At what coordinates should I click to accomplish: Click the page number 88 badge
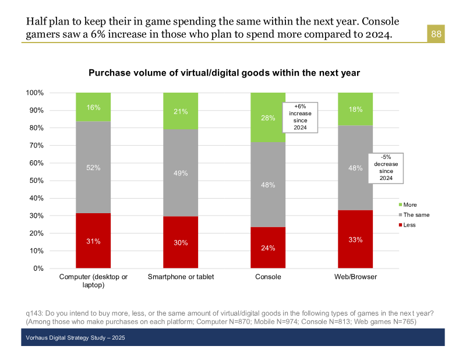pyautogui.click(x=436, y=34)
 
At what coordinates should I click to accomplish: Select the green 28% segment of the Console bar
pyautogui.click(x=267, y=118)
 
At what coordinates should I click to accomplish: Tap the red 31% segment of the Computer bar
pyautogui.click(x=93, y=241)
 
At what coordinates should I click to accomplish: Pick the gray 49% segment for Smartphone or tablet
pyautogui.click(x=181, y=172)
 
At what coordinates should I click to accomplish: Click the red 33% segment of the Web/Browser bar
pyautogui.click(x=355, y=239)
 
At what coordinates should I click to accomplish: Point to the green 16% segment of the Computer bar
pyautogui.click(x=93, y=107)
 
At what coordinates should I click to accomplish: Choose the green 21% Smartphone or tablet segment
pyautogui.click(x=181, y=111)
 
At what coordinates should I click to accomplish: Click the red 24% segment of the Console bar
pyautogui.click(x=268, y=248)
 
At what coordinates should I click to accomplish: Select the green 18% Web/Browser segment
pyautogui.click(x=355, y=109)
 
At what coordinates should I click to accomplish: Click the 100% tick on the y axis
pyautogui.click(x=35, y=93)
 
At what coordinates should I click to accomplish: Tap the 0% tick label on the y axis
pyautogui.click(x=38, y=269)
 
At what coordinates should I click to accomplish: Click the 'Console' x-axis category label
pyautogui.click(x=268, y=277)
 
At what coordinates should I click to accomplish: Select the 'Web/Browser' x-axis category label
pyautogui.click(x=355, y=277)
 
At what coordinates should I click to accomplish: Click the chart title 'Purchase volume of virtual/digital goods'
pyautogui.click(x=224, y=73)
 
